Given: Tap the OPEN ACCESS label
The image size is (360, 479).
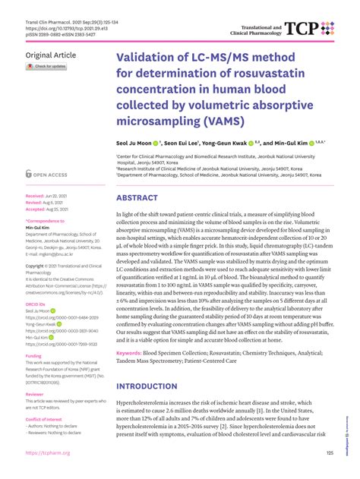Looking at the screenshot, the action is click(55, 174).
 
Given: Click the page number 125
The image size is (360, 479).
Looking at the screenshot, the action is click(329, 453).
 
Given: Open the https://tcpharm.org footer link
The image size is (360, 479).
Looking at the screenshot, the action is click(48, 453).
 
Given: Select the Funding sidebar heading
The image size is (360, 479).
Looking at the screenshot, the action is click(34, 355).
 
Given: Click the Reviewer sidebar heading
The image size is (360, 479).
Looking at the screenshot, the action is click(35, 395).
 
